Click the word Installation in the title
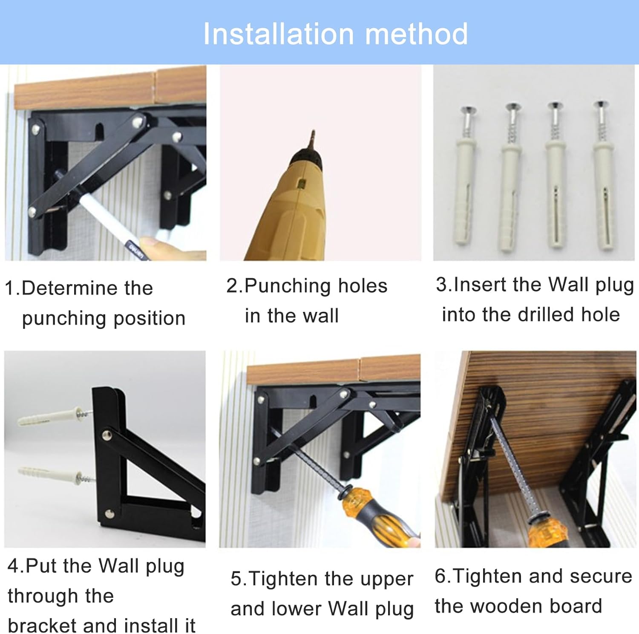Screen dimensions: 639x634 (279, 34)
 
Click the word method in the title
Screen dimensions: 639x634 (417, 34)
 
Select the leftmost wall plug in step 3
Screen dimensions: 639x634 (466, 175)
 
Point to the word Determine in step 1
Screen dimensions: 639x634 (87, 288)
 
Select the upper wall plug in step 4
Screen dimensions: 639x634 (54, 416)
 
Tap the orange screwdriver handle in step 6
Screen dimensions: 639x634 (548, 530)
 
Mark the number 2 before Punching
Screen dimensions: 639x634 (232, 286)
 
